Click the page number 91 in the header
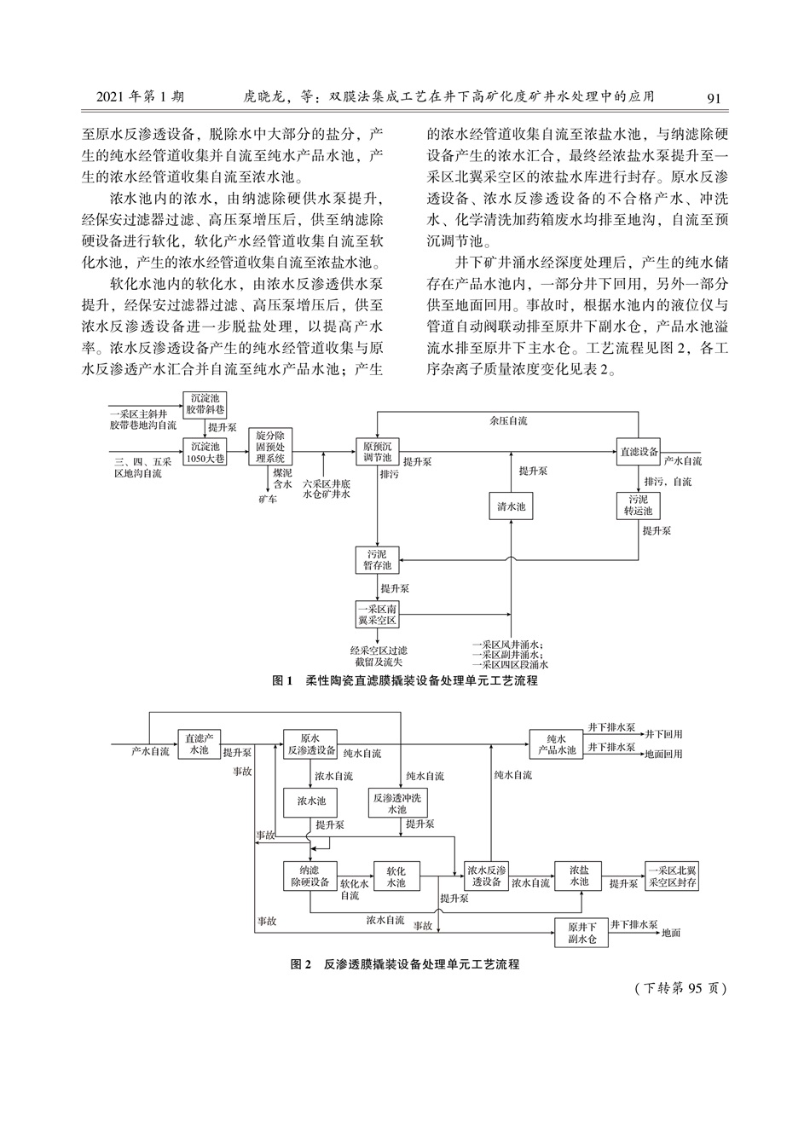point(714,98)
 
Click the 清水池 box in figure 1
point(511,506)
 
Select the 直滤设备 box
point(639,451)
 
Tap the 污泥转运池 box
point(639,505)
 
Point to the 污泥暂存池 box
point(377,560)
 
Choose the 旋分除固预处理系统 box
point(270,446)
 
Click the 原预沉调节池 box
point(377,451)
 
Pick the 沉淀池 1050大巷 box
point(205,451)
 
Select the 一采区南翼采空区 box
point(377,615)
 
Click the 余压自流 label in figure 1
point(508,420)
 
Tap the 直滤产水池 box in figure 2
point(200,744)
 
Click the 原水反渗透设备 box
point(310,744)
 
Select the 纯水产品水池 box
point(557,744)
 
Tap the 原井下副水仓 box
point(581,933)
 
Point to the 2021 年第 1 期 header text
point(140,97)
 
